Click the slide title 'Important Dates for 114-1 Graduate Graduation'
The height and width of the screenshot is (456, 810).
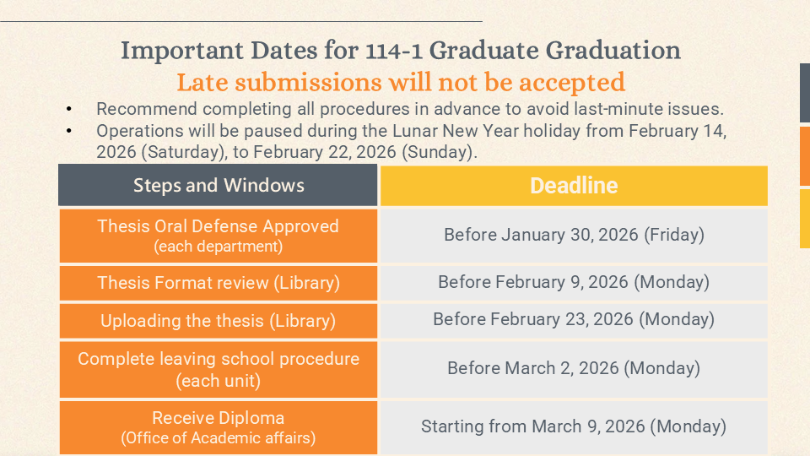pos(401,51)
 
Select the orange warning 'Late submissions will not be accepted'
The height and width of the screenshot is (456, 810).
pos(401,83)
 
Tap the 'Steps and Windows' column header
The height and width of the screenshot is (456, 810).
pos(219,186)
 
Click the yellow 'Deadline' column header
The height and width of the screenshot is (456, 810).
pos(574,186)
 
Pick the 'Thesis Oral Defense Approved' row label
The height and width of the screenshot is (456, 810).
pos(218,226)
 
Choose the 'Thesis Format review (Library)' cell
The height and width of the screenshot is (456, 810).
pos(218,283)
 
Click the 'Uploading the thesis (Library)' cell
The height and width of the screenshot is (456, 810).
pos(218,321)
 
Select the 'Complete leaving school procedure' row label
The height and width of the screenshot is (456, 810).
pos(218,359)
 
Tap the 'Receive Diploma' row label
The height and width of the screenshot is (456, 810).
pos(218,418)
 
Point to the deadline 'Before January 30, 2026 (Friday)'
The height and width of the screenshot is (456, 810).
pos(574,235)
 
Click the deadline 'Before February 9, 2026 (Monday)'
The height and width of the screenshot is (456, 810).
pos(574,282)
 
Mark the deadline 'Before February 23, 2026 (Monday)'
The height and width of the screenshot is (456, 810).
pos(574,319)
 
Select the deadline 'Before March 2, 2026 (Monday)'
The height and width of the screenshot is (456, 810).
pos(574,368)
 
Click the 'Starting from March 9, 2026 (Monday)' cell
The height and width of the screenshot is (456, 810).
pos(574,426)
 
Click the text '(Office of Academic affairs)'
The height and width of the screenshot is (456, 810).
pos(218,437)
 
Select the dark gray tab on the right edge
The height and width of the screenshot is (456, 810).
pos(804,93)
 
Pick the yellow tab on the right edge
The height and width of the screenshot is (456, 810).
pos(804,218)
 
